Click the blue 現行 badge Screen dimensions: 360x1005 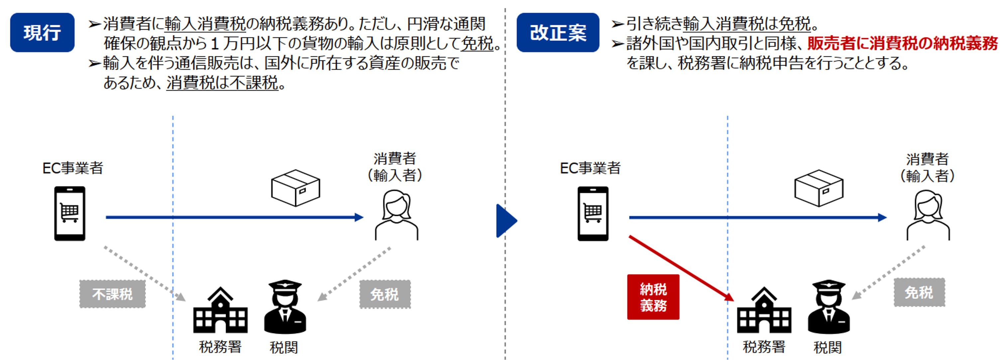[x=42, y=32]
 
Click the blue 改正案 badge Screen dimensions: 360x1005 [x=558, y=32]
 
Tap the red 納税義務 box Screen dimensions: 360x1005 [x=653, y=297]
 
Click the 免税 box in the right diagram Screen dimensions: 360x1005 [x=919, y=292]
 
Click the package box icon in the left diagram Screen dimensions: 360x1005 [x=295, y=188]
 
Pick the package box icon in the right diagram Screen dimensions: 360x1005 [x=819, y=188]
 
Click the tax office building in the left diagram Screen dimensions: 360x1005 [x=220, y=311]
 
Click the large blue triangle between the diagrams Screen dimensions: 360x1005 [x=505, y=221]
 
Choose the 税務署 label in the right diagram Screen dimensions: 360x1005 [x=764, y=347]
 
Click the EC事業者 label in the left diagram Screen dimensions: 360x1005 [x=72, y=168]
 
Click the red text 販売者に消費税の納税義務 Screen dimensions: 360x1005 [x=902, y=43]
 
